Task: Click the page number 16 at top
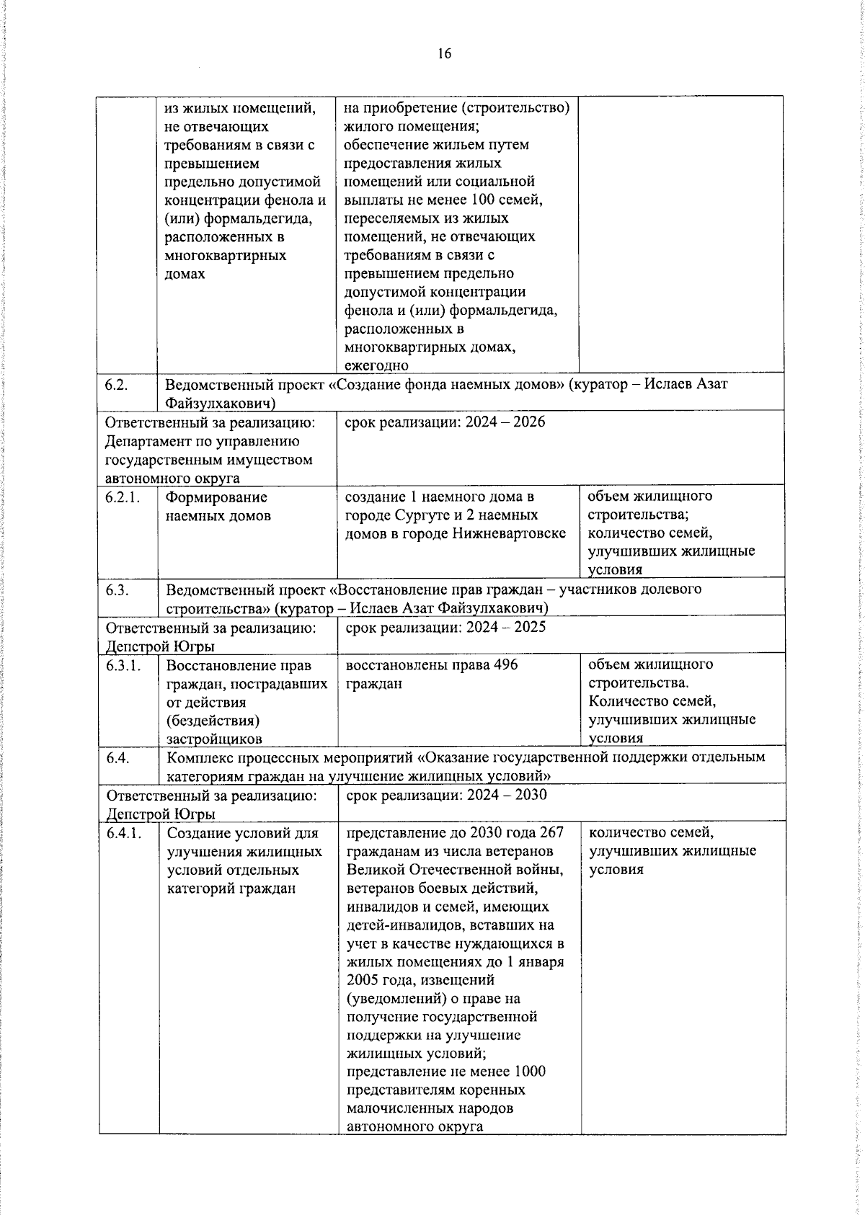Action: [444, 53]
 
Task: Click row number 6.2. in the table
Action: [116, 384]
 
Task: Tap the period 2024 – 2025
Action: [505, 627]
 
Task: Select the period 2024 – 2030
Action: [506, 795]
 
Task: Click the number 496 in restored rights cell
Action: [505, 664]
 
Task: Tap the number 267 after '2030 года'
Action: [551, 833]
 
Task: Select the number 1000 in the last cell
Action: [531, 1072]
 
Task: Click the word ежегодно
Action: [376, 366]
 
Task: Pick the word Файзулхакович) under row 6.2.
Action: [221, 402]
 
